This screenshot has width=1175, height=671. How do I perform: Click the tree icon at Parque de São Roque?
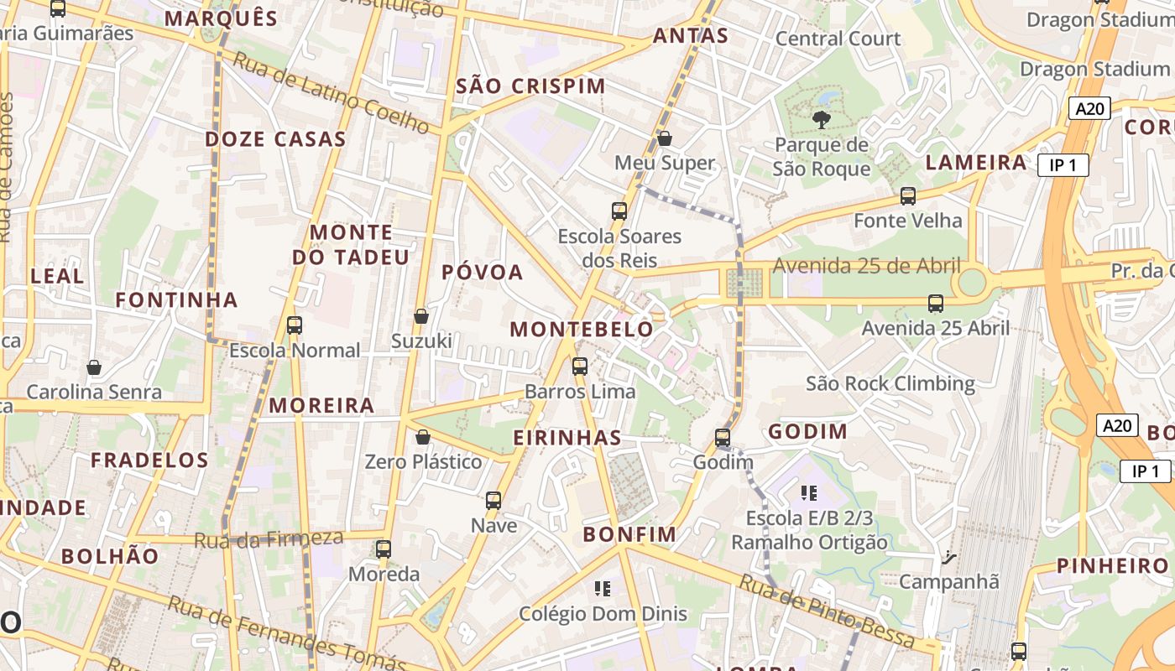pos(822,120)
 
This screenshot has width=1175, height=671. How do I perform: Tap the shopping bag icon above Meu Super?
pos(665,138)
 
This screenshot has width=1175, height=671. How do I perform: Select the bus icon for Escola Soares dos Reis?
pos(619,211)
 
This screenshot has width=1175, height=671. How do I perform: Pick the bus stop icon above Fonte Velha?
pos(907,196)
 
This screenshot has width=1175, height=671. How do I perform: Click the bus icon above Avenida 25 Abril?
pos(936,304)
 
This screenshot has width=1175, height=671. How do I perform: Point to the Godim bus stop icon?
pos(723,438)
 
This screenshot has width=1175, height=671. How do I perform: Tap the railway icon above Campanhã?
pos(948,557)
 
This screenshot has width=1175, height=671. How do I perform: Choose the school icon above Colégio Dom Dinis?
pos(602,589)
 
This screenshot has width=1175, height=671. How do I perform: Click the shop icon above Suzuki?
pos(421,316)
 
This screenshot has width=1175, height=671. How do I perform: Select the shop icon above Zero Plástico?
pos(423,437)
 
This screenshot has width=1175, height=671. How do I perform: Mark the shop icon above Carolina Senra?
pos(94,367)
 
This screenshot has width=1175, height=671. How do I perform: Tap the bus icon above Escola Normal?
pos(294,325)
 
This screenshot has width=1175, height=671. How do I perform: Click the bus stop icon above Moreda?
pos(384,550)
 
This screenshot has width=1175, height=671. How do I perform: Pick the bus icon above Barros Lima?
pos(579,367)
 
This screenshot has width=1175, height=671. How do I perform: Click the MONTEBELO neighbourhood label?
pos(582,330)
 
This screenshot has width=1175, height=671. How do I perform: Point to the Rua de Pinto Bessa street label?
pos(826,610)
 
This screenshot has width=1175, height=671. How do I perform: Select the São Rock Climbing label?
pos(890,384)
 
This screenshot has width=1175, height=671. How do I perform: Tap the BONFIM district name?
pos(629,534)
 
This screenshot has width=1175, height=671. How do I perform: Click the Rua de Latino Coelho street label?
pos(332,92)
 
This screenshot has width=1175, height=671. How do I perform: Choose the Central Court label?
pos(838,39)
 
